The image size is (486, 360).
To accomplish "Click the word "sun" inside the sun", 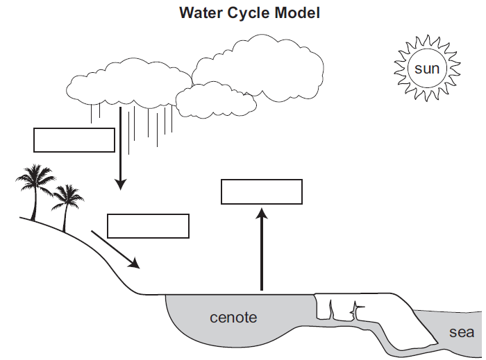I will [427, 69].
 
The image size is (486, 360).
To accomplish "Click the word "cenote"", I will [233, 318].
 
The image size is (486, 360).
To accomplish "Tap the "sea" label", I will [462, 332].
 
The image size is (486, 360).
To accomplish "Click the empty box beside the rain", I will [74, 139].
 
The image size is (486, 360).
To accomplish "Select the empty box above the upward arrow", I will [262, 191].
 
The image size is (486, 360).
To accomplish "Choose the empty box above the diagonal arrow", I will [149, 226].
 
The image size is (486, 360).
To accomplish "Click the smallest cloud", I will [215, 101].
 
